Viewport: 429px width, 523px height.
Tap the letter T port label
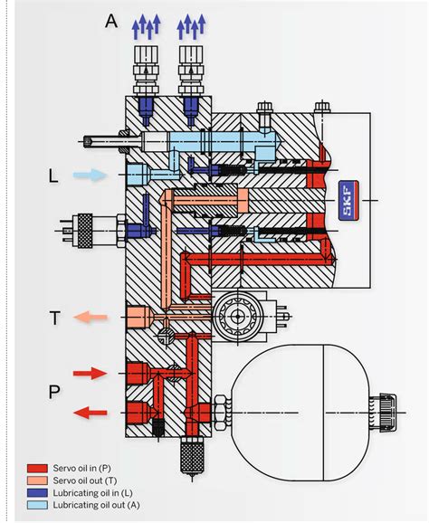pos(56,317)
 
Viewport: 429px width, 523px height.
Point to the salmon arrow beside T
pos(92,317)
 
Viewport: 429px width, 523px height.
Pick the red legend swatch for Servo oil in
pos(35,467)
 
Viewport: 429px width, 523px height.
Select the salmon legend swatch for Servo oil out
pos(35,479)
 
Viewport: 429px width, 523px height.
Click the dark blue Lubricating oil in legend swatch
pos(35,491)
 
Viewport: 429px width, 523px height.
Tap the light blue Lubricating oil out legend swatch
pos(35,503)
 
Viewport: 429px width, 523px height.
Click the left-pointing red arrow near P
pos(91,413)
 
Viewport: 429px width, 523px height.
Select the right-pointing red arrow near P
pos(92,373)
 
